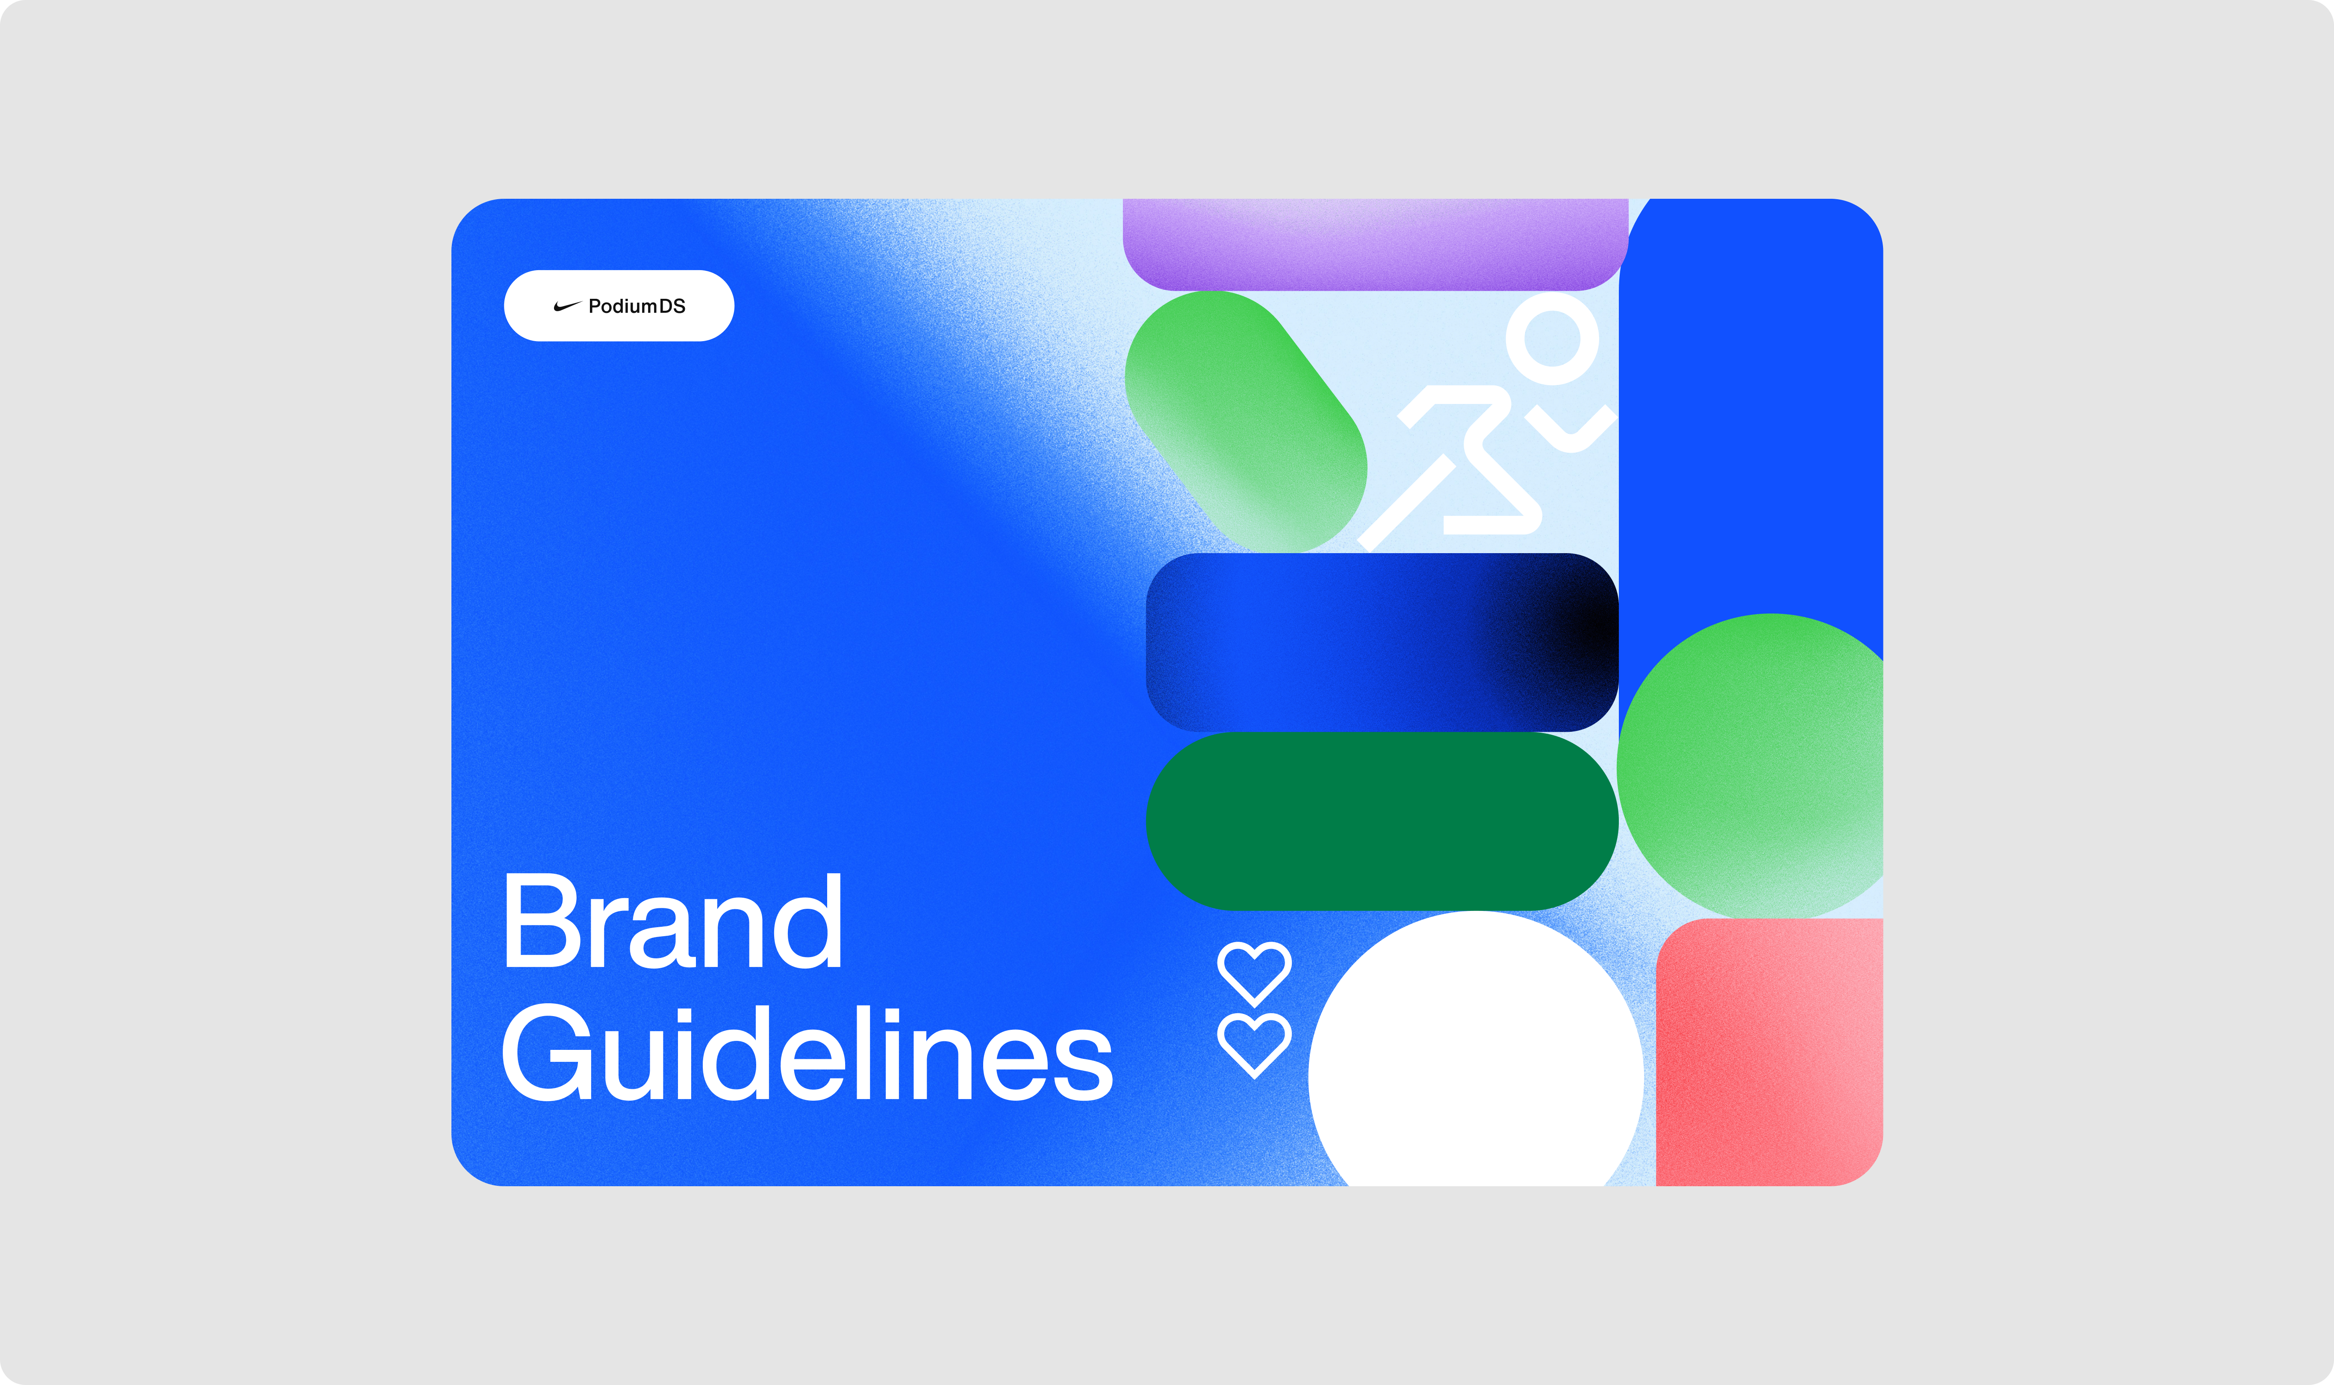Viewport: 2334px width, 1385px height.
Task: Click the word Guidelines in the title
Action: pos(807,1052)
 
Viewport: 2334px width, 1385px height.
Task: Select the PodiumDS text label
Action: pos(637,306)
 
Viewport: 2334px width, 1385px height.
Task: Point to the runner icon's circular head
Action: pos(1552,339)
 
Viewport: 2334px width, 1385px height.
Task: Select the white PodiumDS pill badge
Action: pos(619,306)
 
